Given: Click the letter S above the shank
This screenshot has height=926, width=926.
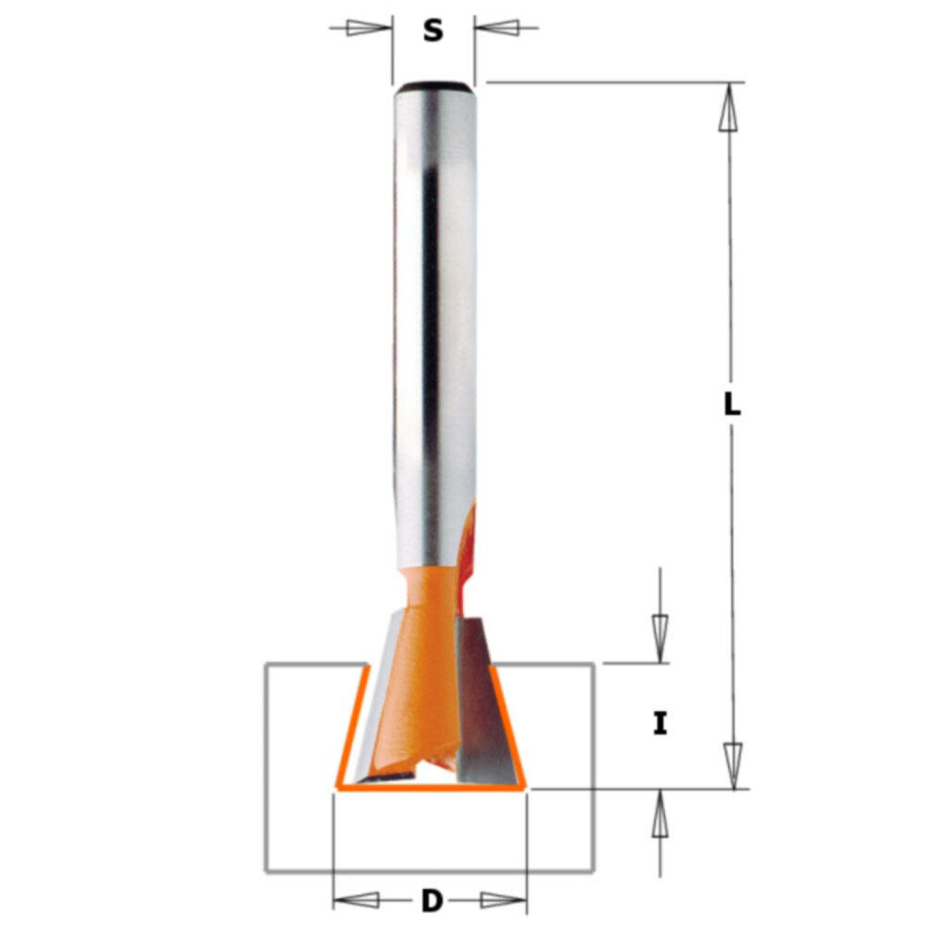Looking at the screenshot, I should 432,31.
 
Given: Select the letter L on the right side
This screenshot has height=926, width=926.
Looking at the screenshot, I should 732,405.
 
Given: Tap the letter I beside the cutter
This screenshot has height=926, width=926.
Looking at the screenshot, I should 659,723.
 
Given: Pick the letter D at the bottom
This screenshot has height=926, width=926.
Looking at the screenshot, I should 431,900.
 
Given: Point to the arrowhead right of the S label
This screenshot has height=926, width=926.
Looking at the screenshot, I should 499,28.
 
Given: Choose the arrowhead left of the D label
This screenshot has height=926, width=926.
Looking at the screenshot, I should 357,900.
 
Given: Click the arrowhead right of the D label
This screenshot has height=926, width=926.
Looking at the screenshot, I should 503,900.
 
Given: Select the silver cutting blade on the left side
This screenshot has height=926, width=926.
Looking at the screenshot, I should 380,713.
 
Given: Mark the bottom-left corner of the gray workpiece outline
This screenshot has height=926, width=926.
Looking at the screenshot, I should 267,870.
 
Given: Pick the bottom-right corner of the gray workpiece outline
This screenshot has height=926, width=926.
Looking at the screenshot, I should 592,870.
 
